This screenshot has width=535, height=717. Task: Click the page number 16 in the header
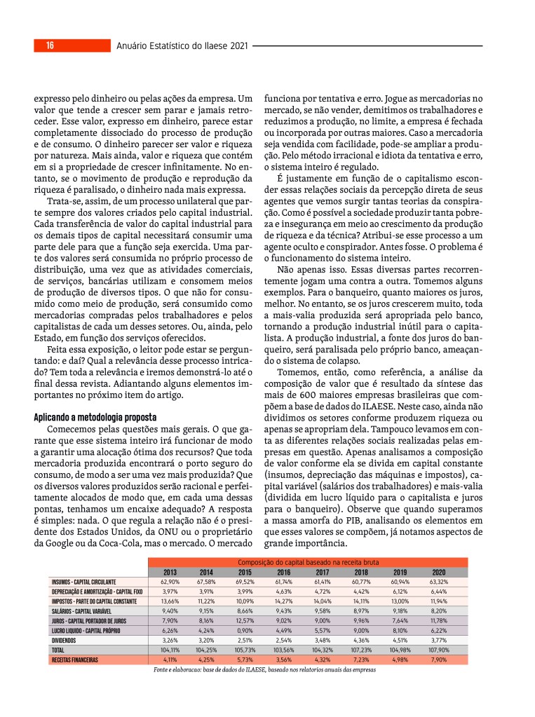coord(50,46)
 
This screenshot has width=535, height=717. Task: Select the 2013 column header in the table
coord(170,572)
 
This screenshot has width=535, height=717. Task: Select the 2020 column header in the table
coord(438,572)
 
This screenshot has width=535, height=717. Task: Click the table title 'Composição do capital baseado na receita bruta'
coord(309,562)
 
